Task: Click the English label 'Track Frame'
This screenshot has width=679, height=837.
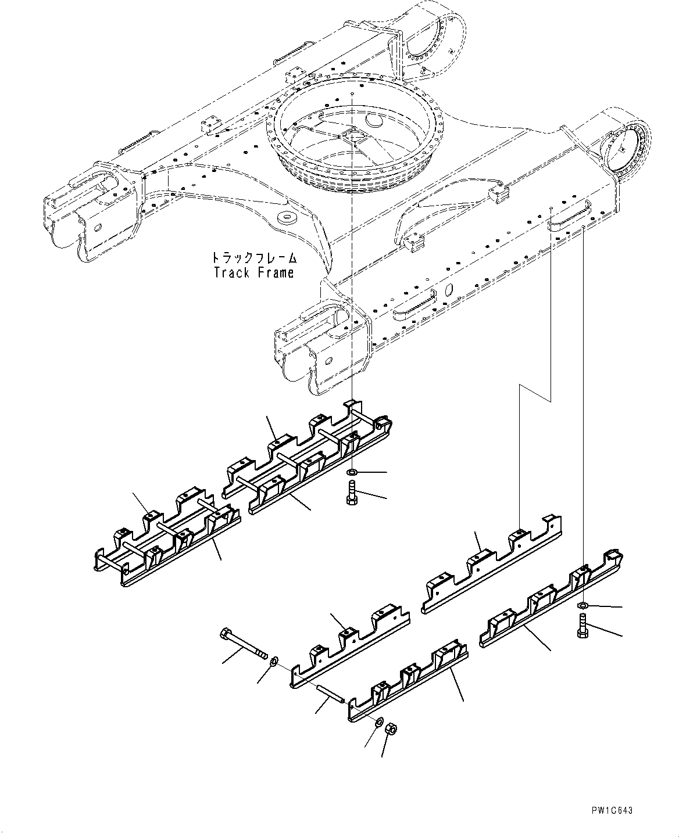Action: (254, 272)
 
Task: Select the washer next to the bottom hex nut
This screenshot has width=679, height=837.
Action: (378, 721)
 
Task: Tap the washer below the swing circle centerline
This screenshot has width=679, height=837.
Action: (352, 472)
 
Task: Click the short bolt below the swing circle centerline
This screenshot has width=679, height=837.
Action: (352, 493)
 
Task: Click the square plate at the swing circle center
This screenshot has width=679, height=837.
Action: (353, 135)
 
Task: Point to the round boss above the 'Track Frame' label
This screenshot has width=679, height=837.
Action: (287, 218)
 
